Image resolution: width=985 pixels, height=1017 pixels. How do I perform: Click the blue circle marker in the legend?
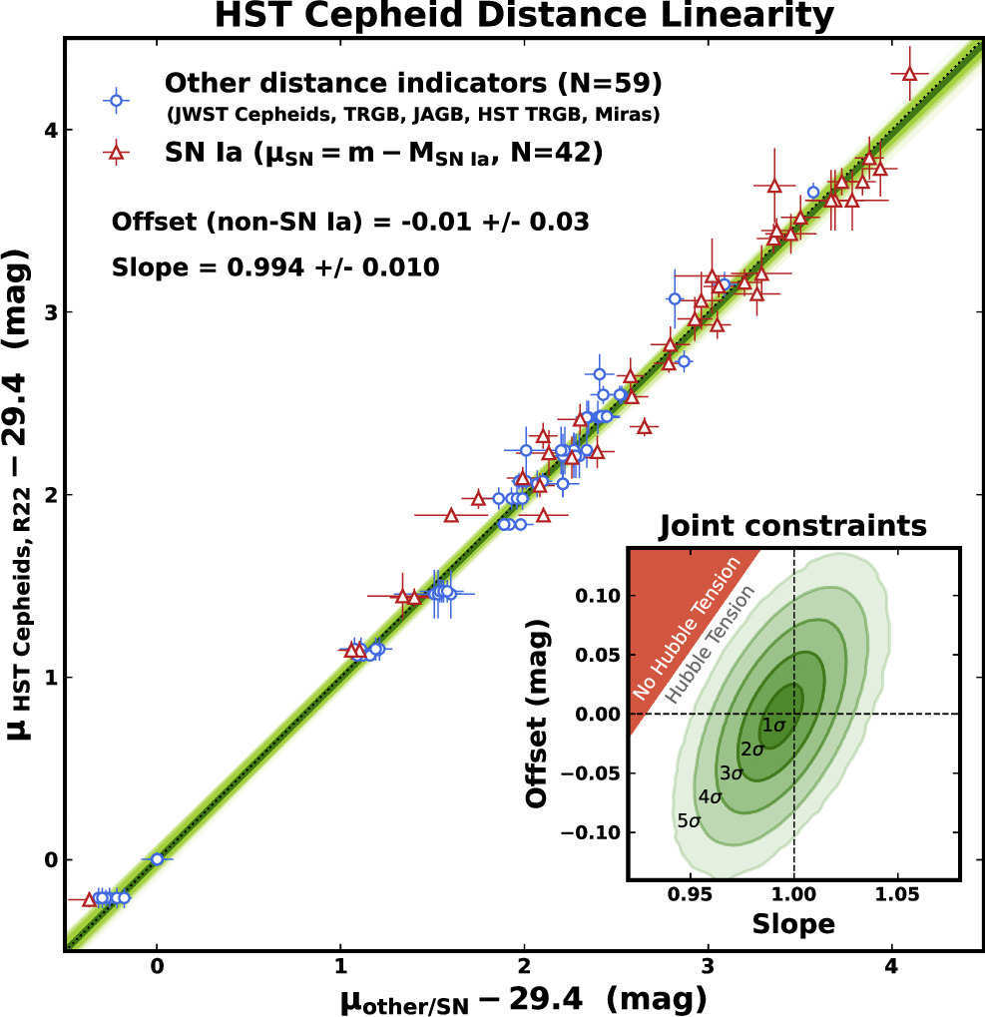coord(117,99)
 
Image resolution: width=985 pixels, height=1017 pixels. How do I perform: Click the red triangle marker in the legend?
coord(117,152)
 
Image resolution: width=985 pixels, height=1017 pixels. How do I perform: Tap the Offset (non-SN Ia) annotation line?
coord(349,222)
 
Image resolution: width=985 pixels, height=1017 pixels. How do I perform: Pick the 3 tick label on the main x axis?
coord(708,967)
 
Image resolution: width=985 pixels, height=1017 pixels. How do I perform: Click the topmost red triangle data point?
coord(909,74)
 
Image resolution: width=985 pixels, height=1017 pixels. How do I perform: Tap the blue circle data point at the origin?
coord(157,858)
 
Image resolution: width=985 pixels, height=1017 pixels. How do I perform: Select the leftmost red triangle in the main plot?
coord(89,899)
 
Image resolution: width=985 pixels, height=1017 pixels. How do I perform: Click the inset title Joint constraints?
coord(793,525)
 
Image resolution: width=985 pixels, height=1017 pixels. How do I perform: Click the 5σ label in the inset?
coord(689,821)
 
